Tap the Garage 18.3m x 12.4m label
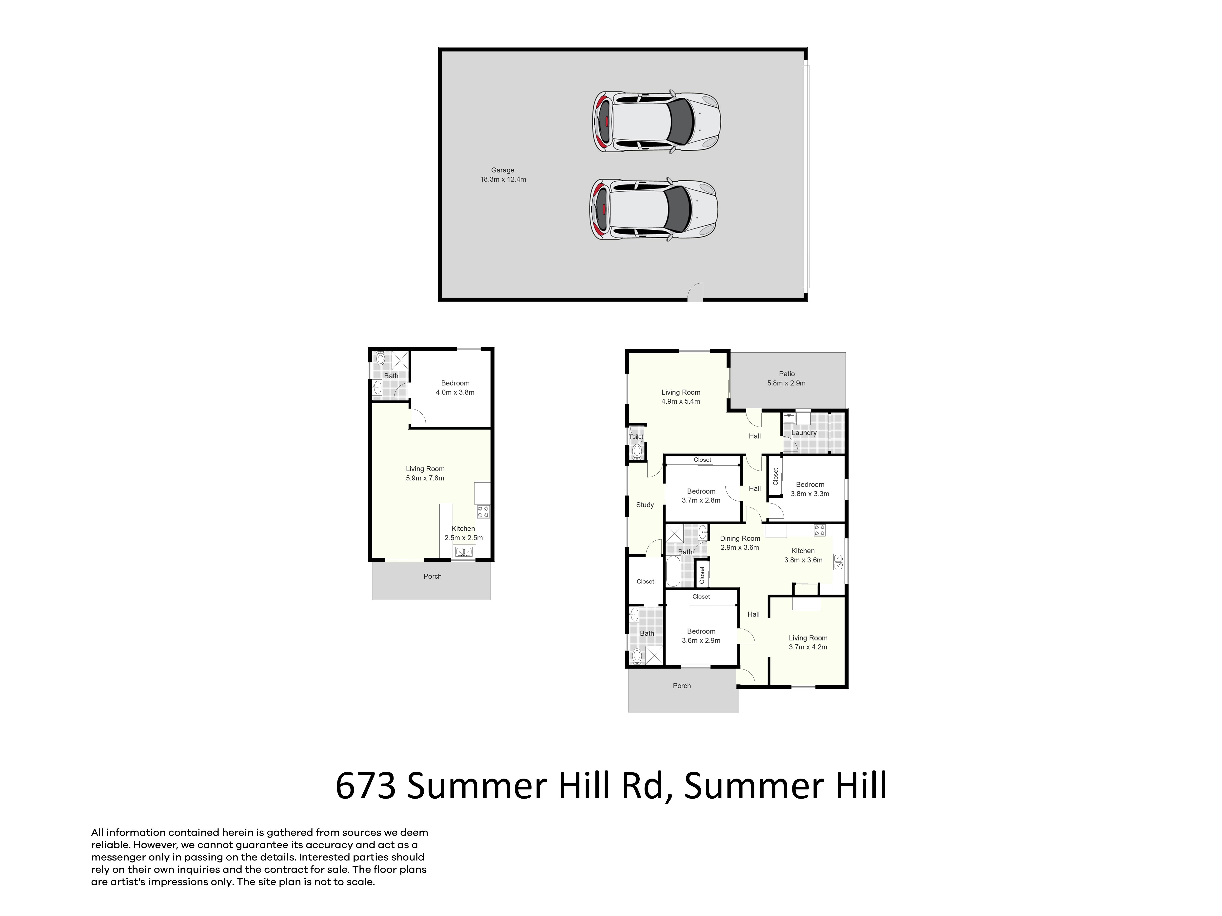coord(503,175)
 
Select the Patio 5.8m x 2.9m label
coord(787,378)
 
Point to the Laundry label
coord(804,433)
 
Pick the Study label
coord(645,505)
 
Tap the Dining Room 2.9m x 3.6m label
coord(740,543)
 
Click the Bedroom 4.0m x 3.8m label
coord(455,388)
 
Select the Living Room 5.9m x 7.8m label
coord(425,473)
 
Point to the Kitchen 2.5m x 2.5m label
coord(464,533)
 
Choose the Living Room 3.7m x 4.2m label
coord(808,642)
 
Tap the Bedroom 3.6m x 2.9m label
coord(701,636)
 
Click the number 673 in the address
coord(366,786)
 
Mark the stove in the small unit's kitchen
coord(483,511)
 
